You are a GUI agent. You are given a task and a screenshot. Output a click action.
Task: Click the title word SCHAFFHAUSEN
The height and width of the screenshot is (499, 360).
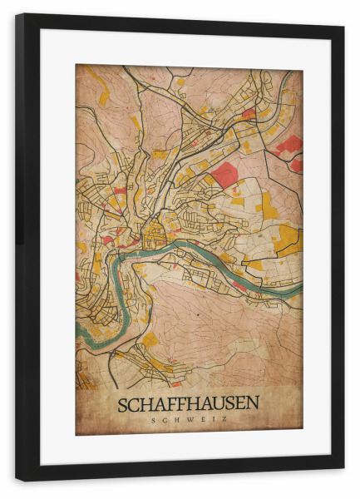coord(188,404)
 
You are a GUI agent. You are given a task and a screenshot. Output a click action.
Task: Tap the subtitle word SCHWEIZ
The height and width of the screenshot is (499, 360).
coord(188,420)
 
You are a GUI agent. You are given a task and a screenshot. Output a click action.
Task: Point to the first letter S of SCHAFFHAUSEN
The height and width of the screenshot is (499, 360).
coord(123,405)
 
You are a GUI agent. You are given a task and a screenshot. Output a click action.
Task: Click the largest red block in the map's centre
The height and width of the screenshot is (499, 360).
coord(224,174)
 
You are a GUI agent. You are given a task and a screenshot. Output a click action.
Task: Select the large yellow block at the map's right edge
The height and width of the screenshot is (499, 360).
coord(288,238)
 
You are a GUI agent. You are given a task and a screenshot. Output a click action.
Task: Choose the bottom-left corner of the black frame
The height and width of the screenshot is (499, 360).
coord(17,479)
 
